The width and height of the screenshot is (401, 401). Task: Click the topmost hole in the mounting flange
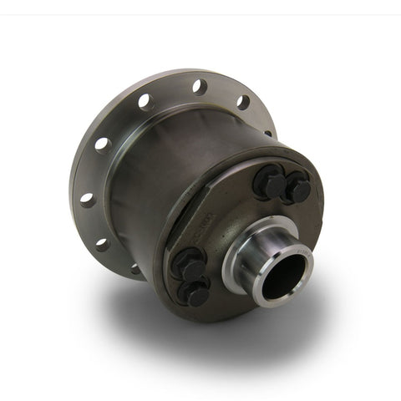point(198,84)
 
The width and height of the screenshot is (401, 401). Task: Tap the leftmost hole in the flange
point(86,199)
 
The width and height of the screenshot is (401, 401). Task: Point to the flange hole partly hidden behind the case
point(268,132)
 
